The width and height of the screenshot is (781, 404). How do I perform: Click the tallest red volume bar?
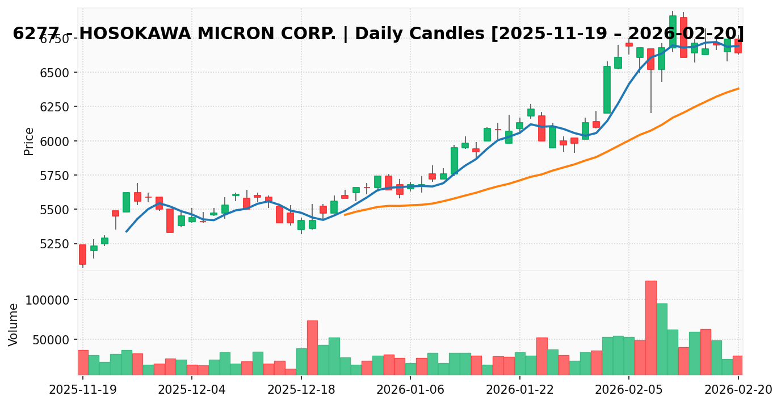pyautogui.click(x=650, y=327)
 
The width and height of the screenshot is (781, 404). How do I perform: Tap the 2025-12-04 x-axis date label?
pyautogui.click(x=192, y=390)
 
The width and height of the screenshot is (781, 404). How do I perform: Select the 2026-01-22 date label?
pyautogui.click(x=520, y=390)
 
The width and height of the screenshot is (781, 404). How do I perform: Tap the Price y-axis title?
pyautogui.click(x=29, y=141)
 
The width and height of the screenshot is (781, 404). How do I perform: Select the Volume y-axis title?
pyautogui.click(x=14, y=324)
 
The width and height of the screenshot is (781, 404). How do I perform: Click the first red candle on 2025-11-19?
pyautogui.click(x=82, y=254)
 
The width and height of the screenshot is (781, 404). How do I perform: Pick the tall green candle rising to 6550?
pyautogui.click(x=607, y=90)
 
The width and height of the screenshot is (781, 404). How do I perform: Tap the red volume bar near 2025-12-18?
pyautogui.click(x=312, y=347)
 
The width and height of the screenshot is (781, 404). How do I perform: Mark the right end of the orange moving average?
pyautogui.click(x=738, y=88)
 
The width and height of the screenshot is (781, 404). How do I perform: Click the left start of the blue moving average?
pyautogui.click(x=126, y=231)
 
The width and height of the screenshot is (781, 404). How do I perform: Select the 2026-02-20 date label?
pyautogui.click(x=738, y=390)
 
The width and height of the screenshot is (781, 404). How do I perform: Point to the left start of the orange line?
pyautogui.click(x=345, y=215)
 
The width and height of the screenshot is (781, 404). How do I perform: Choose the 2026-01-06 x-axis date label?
pyautogui.click(x=410, y=390)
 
